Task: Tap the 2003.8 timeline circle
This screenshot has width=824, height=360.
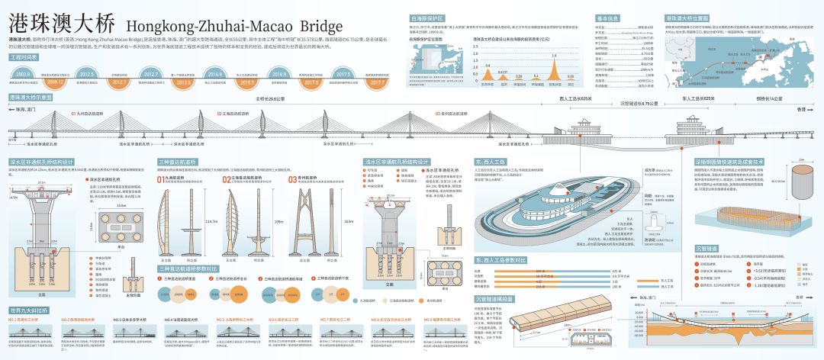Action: coord(23,75)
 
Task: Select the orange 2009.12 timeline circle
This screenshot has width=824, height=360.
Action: coord(55,80)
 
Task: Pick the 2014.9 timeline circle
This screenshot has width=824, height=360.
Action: coord(215,75)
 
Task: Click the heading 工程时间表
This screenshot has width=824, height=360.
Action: coord(24,58)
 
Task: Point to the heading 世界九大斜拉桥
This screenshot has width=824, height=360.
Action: coord(30,310)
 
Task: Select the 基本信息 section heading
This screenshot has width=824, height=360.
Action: coord(608,17)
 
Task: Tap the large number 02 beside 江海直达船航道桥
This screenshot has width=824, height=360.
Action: coord(227,180)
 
